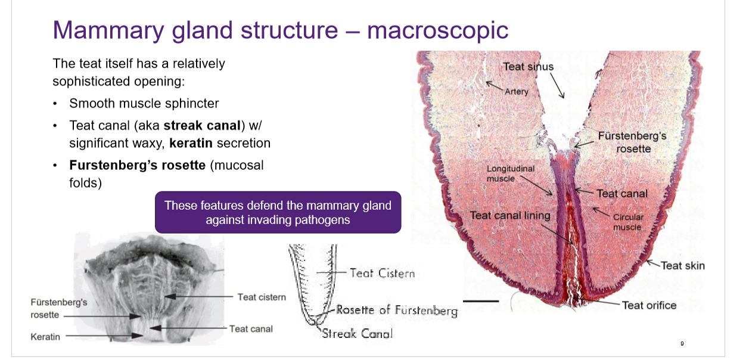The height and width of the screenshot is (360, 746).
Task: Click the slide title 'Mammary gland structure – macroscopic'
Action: [x=280, y=30]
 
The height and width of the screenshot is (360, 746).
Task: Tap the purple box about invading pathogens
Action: [x=278, y=213]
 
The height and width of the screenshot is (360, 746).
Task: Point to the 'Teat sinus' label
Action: [x=528, y=67]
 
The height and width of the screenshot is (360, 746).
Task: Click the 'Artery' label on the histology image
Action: [x=516, y=92]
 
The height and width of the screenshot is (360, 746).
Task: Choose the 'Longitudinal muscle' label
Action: [x=511, y=173]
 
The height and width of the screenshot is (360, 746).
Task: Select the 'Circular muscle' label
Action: [x=628, y=222]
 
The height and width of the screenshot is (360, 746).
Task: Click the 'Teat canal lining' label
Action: [x=510, y=215]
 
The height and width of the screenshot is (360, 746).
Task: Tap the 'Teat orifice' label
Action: [x=649, y=305]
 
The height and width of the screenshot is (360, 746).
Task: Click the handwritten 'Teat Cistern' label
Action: [x=382, y=273]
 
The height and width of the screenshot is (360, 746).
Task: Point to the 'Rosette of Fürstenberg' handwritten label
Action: [x=397, y=310]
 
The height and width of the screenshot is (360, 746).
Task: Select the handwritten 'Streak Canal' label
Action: [x=357, y=334]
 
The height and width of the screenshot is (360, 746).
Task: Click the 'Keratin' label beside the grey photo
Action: [x=45, y=337]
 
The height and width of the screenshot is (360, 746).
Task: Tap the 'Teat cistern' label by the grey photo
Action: [x=262, y=297]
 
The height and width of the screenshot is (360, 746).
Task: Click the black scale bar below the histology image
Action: [x=480, y=302]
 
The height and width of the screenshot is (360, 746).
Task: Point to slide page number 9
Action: [x=682, y=344]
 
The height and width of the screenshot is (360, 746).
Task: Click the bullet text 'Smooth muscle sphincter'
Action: [x=144, y=103]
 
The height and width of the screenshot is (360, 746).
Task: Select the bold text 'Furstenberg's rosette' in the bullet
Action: [x=138, y=165]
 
